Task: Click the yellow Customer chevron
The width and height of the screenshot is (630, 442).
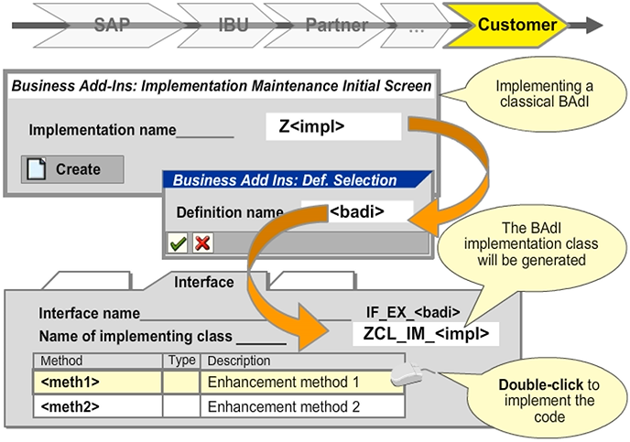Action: tap(516, 26)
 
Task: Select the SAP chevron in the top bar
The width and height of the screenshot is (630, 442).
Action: tap(112, 26)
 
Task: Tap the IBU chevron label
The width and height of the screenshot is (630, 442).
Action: tap(233, 26)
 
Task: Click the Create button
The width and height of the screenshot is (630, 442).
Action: tap(72, 169)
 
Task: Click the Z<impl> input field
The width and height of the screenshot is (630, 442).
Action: tap(333, 127)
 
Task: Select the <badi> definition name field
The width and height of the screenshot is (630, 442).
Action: tap(356, 212)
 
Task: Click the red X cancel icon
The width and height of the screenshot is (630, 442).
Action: tap(202, 243)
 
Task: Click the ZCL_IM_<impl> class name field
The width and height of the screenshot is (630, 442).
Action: tap(426, 334)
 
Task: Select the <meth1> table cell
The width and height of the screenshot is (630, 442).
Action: tap(97, 381)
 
